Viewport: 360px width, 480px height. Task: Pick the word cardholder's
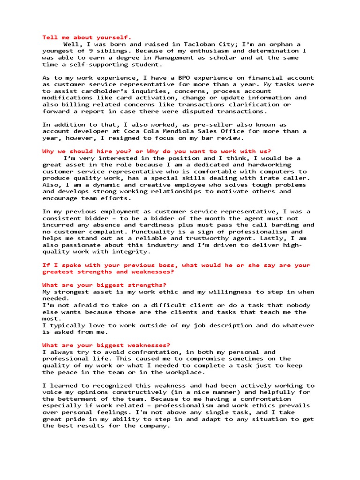[x=101, y=91]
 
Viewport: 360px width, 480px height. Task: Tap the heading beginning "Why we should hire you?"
[x=157, y=151]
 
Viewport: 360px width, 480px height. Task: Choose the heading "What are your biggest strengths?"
[x=104, y=285]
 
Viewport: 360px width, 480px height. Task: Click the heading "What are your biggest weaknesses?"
[x=106, y=345]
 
